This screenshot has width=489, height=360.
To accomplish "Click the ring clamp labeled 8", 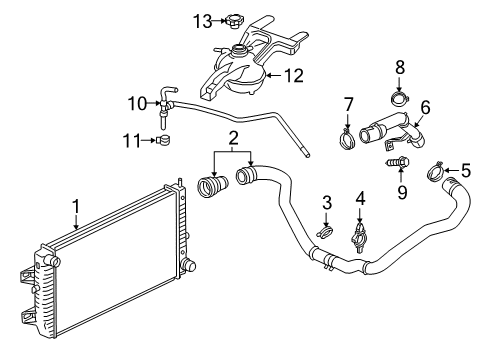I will coord(399,99).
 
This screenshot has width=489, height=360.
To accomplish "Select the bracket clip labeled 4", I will coord(360,237).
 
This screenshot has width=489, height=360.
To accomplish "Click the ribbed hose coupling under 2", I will coord(213,187).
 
